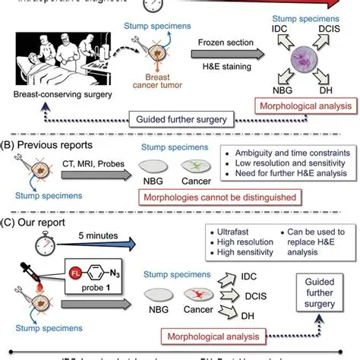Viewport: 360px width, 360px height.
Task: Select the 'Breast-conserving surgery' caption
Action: (x=59, y=94)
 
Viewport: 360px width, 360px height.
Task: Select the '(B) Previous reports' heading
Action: (x=53, y=144)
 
